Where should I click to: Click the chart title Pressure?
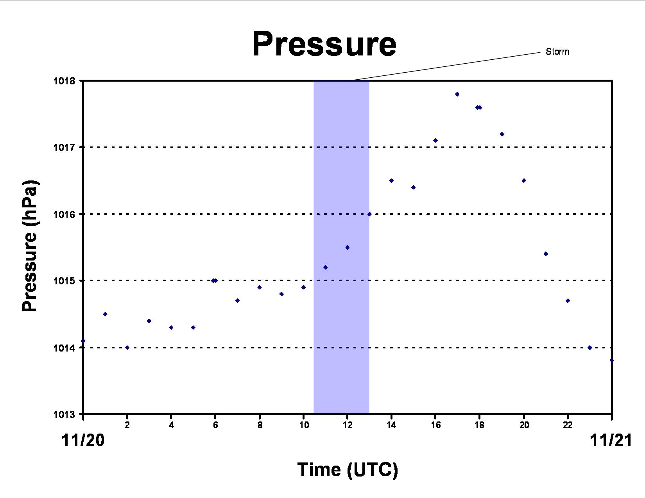[x=324, y=44]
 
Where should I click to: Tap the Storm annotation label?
[x=557, y=52]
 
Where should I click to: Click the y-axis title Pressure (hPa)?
[x=30, y=246]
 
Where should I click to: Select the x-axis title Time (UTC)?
[x=348, y=470]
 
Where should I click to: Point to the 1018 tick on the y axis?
[x=64, y=81]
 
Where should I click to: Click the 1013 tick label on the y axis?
[x=64, y=414]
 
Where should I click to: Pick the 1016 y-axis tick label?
[x=64, y=214]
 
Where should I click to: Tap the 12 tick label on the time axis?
[x=348, y=425]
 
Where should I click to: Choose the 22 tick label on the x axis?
[x=568, y=425]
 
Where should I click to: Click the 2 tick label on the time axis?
[x=127, y=425]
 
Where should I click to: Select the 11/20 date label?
[x=83, y=441]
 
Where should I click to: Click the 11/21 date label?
[x=611, y=441]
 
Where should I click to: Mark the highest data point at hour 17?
[x=457, y=94]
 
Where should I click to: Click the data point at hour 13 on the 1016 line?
[x=369, y=214]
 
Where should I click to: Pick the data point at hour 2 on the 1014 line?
[x=127, y=348]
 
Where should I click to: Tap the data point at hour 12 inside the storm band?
[x=348, y=248]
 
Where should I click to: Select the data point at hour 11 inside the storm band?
[x=325, y=267]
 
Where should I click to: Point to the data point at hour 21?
[x=546, y=254]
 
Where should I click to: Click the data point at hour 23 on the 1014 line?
[x=590, y=348]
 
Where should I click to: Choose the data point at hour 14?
[x=392, y=180]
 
